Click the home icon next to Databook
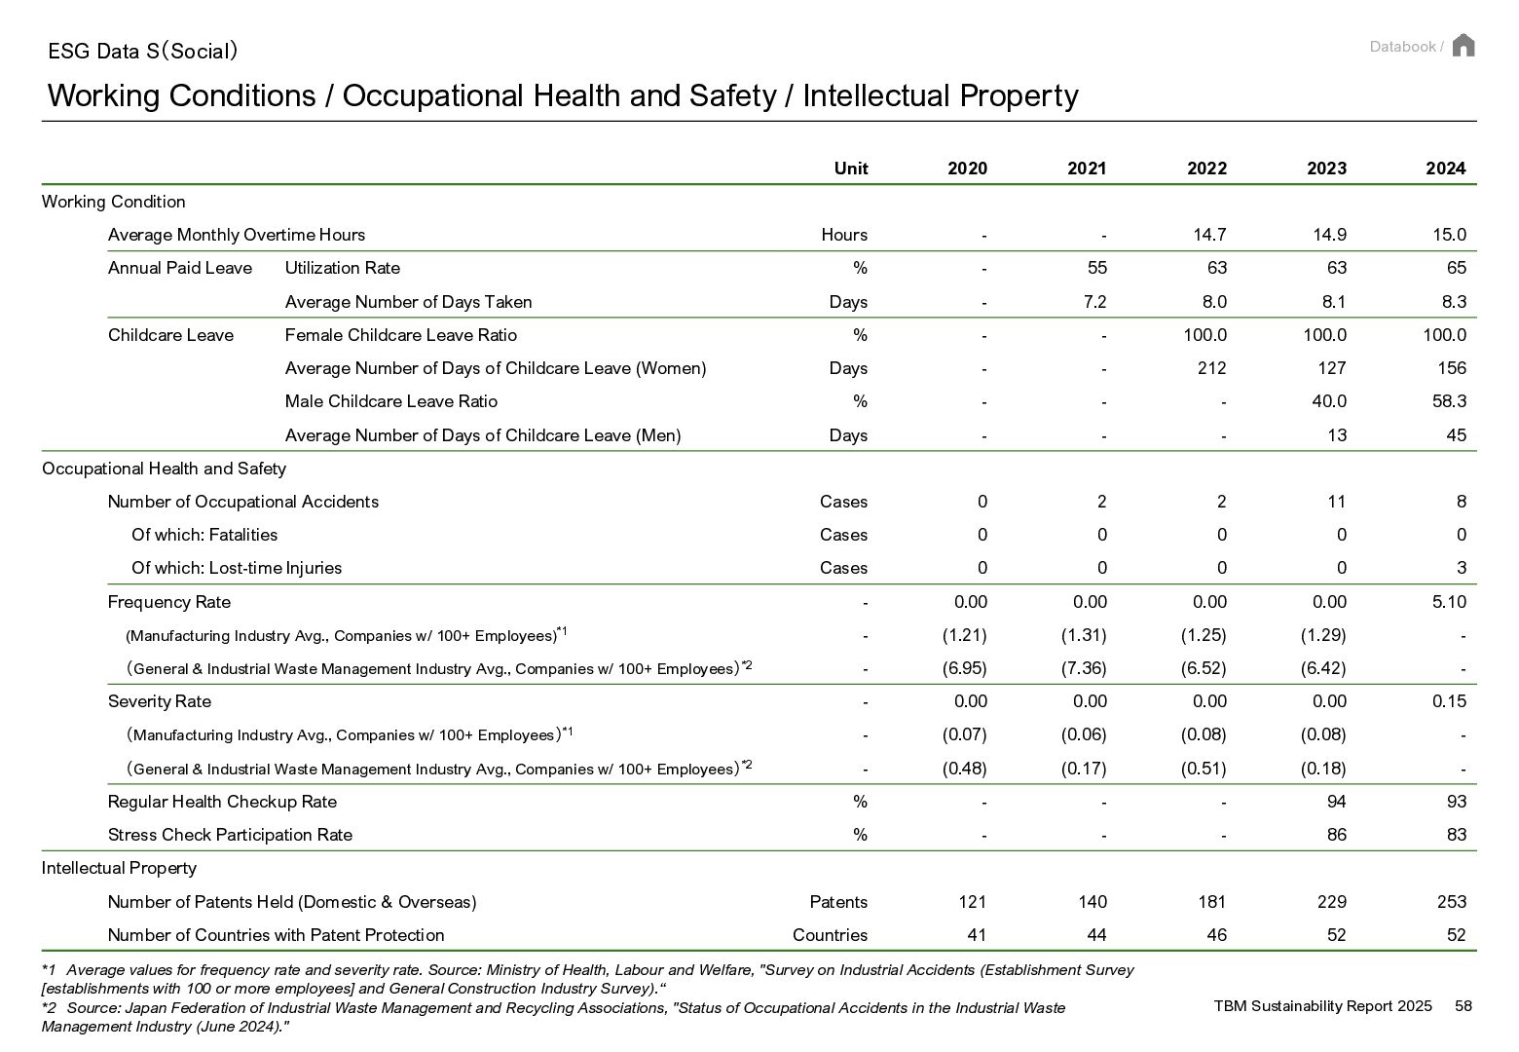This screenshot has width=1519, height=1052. point(1463,46)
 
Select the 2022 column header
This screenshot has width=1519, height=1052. point(1206,169)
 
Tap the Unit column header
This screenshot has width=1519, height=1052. point(850,169)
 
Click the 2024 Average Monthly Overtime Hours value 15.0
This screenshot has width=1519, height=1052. point(1449,235)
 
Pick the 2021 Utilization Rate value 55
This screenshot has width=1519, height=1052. point(1096,268)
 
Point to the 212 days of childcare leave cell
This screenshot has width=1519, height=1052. point(1211,368)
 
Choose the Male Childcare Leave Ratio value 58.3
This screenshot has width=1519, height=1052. point(1449,401)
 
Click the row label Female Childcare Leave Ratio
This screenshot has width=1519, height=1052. point(400,335)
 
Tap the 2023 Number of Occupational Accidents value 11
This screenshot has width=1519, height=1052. point(1336,502)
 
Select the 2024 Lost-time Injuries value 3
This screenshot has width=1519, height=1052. point(1461,568)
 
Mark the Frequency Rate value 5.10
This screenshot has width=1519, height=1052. point(1449,602)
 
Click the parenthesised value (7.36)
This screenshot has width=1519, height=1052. point(1084,668)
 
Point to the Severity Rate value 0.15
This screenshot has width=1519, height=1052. point(1449,701)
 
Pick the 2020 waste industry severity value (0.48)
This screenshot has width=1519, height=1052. point(964,769)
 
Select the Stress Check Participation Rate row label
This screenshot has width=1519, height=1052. point(230,835)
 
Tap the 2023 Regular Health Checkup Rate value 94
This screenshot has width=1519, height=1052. point(1336,802)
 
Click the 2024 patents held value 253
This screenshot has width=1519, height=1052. point(1451,902)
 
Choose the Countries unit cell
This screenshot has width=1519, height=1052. point(830,935)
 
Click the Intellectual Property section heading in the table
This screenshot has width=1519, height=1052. point(119,868)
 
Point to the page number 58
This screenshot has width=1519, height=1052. point(1463,1005)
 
